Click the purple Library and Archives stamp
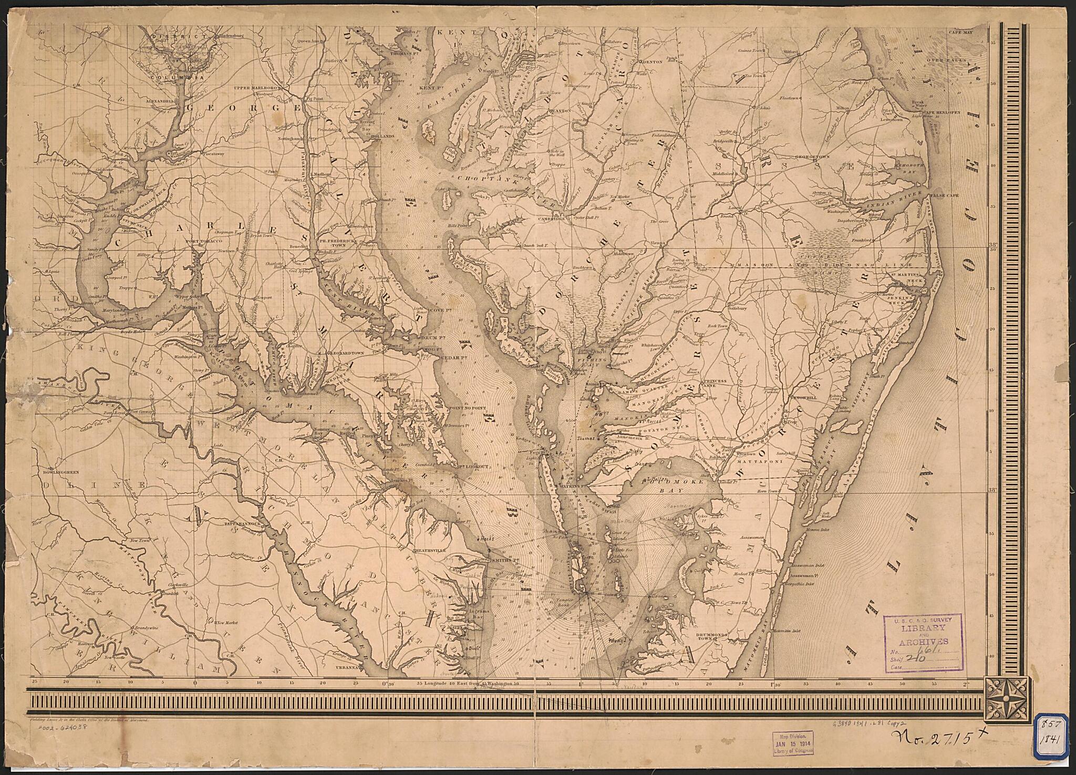tap(923, 643)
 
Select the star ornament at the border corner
tap(1005, 699)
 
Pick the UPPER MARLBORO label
tap(255, 88)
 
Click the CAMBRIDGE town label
tap(551, 219)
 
